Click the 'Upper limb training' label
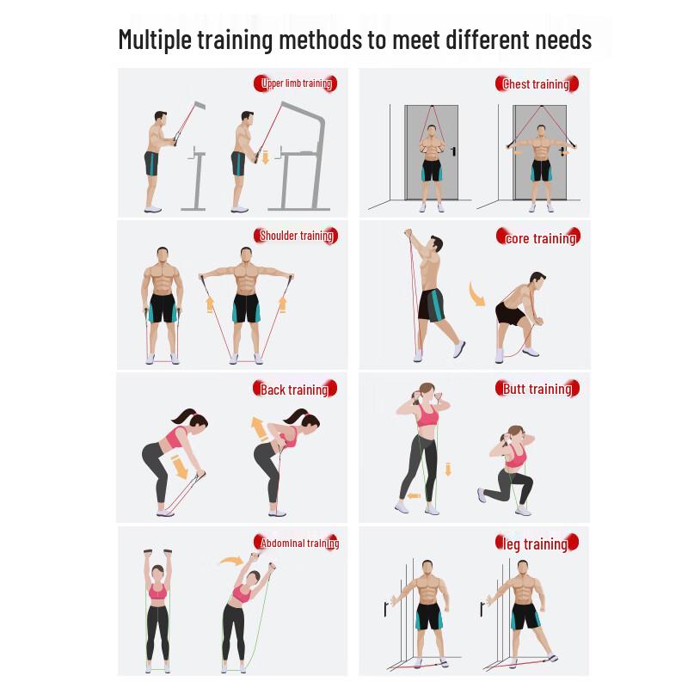click(295, 83)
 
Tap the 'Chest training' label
click(537, 83)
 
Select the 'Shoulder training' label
click(296, 236)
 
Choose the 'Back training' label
click(293, 390)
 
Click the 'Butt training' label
click(537, 389)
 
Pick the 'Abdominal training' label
click(298, 543)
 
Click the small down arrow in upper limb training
click(266, 157)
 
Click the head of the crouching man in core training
click(537, 280)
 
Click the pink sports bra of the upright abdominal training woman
click(157, 592)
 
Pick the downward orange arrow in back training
click(181, 467)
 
